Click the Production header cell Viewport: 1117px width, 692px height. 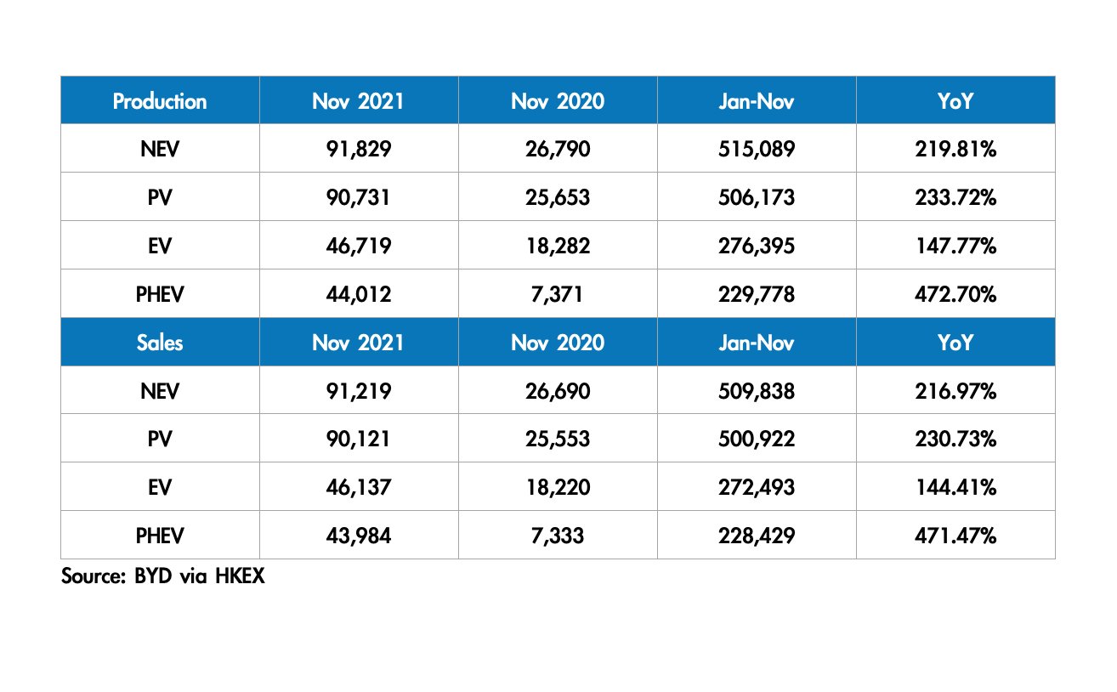(160, 101)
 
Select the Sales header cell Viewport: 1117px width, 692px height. (160, 343)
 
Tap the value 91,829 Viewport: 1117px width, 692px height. (358, 150)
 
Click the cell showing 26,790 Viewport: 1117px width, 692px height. (557, 150)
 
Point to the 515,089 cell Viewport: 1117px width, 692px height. (756, 150)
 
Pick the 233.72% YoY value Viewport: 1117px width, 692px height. (955, 198)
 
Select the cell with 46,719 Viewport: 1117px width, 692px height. (358, 247)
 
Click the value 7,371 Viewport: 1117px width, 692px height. (557, 295)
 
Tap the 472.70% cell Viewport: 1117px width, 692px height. (955, 295)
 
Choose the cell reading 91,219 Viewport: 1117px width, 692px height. (358, 391)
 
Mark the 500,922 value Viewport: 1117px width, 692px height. (756, 440)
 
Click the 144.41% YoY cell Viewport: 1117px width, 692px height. (955, 488)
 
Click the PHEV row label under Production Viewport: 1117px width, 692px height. (160, 295)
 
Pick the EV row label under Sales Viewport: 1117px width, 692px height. (160, 488)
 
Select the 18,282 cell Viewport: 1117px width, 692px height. (557, 247)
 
